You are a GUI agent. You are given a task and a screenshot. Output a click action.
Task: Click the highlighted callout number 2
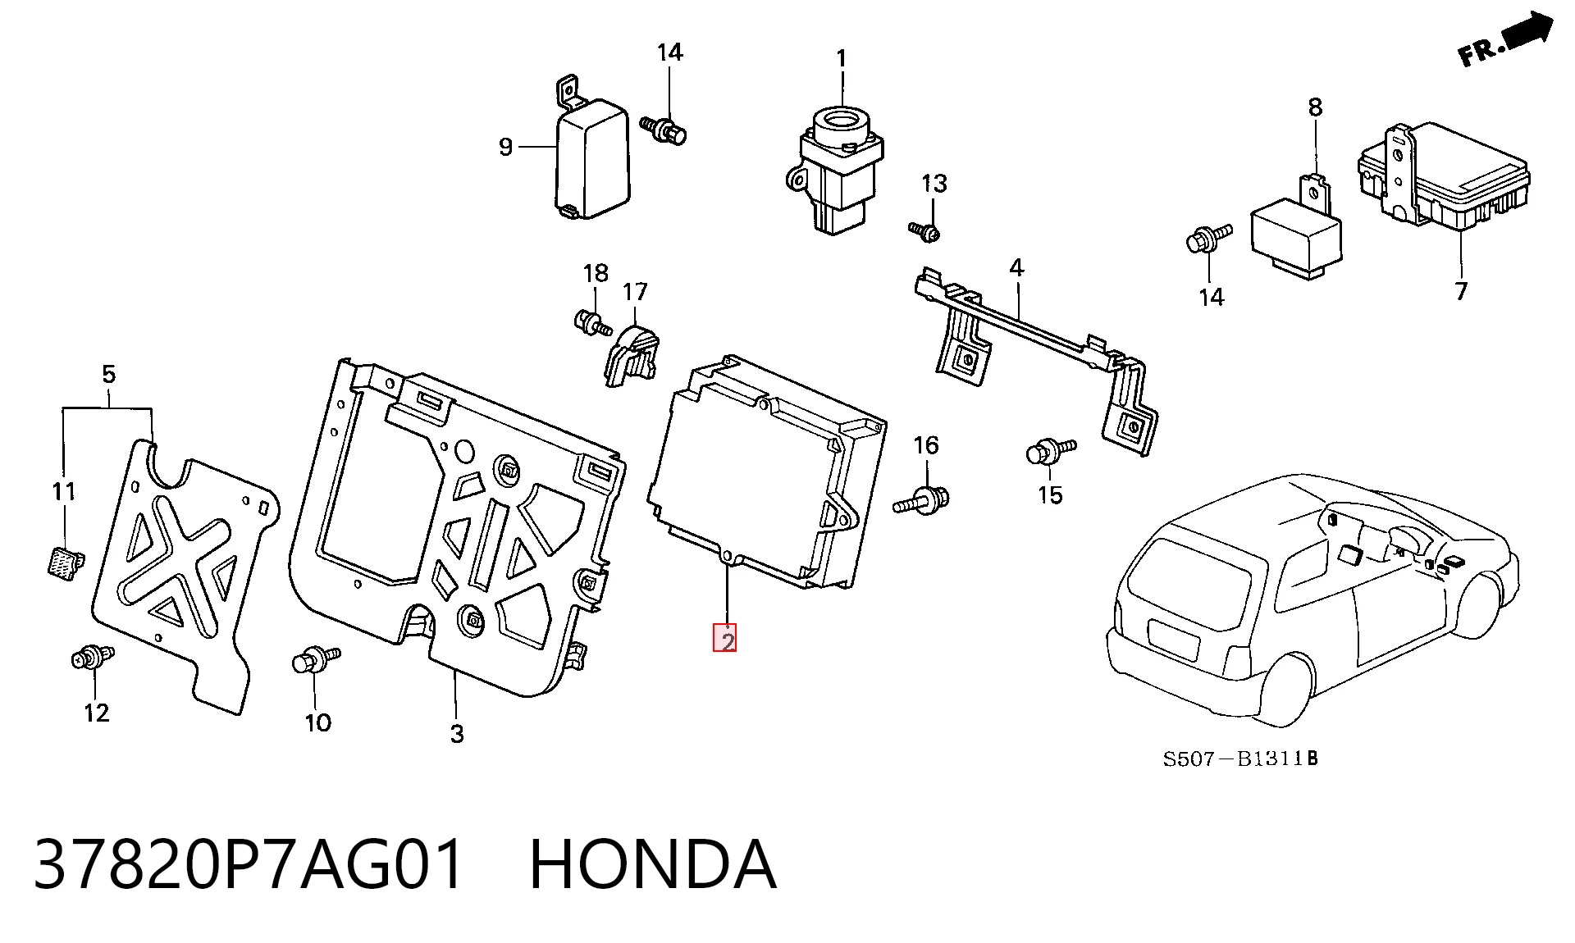point(725,638)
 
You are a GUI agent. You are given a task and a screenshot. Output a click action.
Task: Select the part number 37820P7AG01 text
point(249,864)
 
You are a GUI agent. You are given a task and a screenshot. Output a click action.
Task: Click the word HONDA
point(653,864)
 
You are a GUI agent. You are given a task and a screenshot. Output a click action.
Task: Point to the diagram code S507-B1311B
point(1240,758)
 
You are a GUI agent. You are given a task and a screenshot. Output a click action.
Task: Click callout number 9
point(505,147)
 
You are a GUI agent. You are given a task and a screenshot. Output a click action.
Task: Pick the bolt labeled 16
point(922,499)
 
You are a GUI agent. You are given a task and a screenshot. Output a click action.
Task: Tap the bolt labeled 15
point(1051,451)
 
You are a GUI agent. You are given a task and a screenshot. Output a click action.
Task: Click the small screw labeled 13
point(924,231)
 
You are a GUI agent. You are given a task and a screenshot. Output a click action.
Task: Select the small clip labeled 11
point(63,563)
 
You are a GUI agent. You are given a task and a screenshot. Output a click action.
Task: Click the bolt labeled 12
point(93,657)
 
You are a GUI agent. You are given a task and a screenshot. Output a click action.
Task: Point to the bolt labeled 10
point(316,659)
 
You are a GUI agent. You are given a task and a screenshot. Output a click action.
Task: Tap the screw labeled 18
point(592,322)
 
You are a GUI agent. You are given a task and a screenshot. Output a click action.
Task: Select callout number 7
point(1460,291)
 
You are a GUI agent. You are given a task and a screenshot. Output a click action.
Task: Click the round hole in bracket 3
point(463,451)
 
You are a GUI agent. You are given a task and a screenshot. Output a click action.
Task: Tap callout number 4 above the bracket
point(1016,267)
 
